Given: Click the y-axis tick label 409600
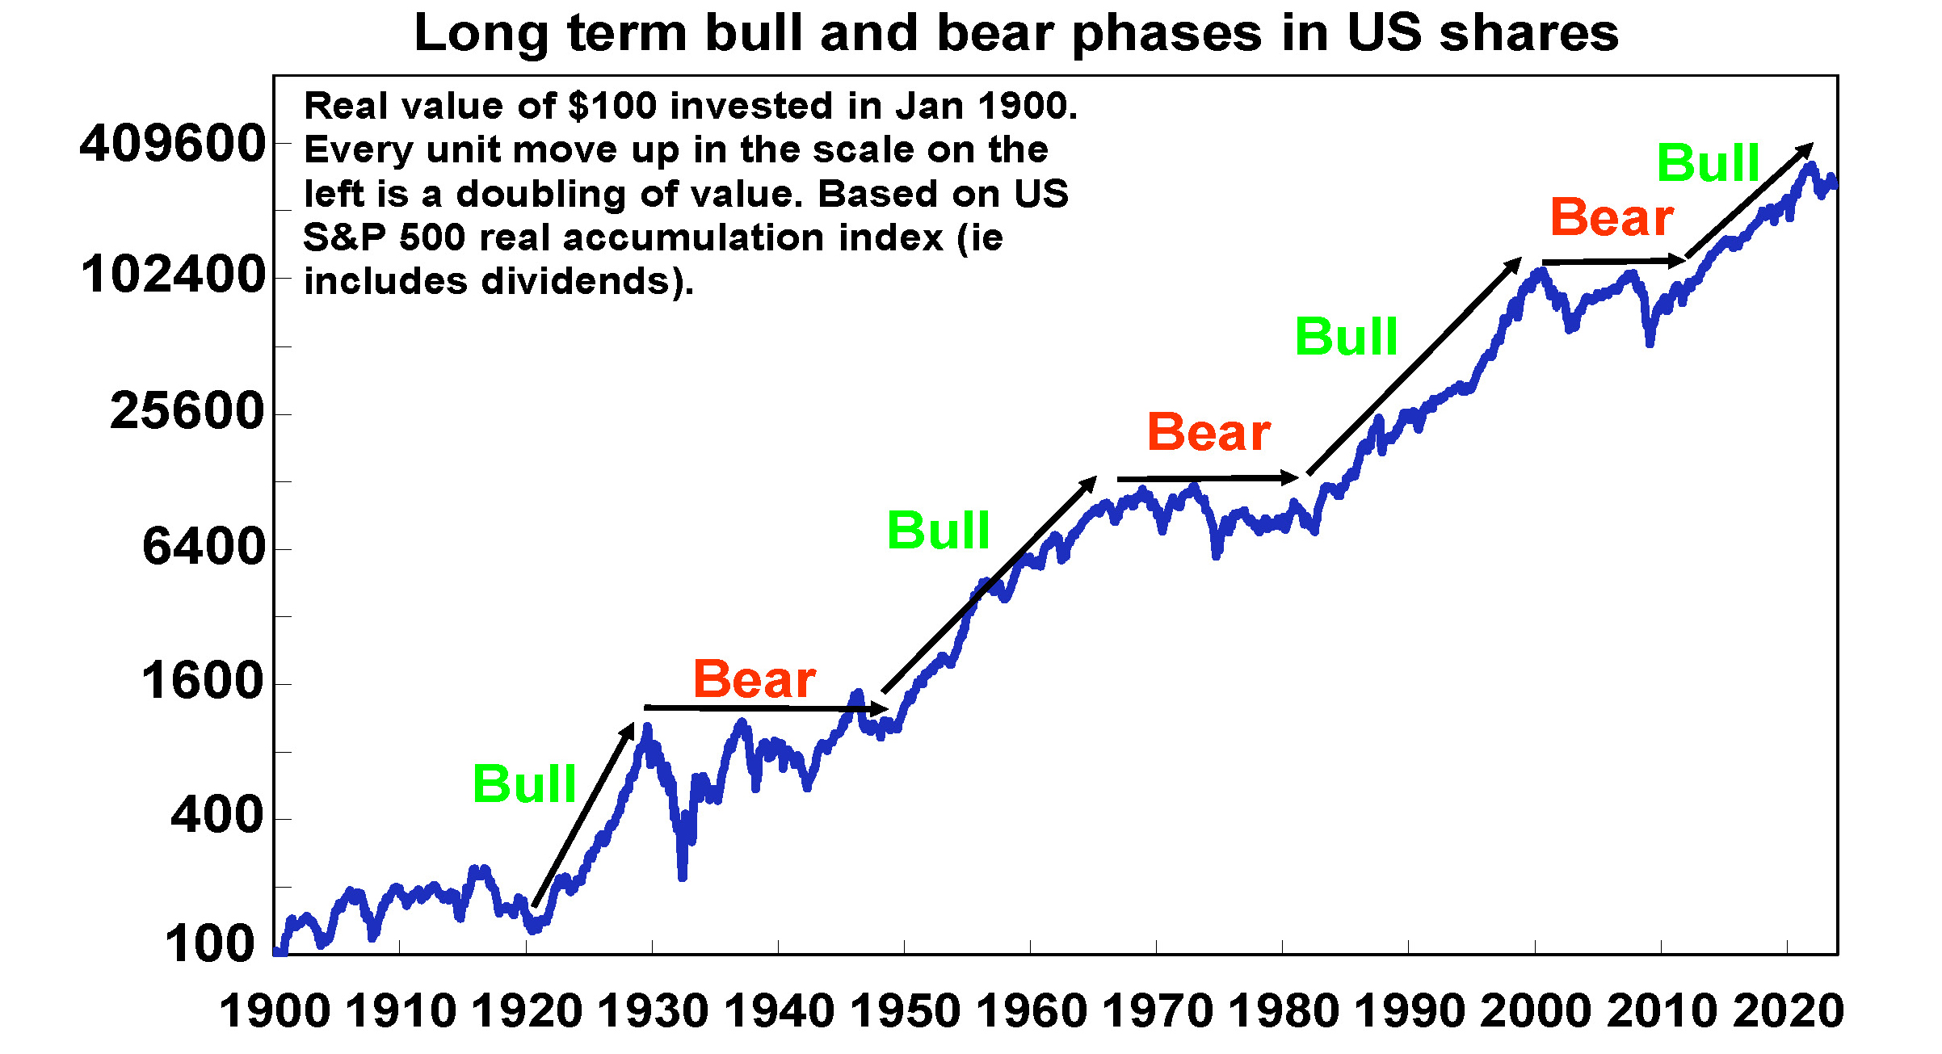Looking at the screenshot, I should pyautogui.click(x=172, y=144).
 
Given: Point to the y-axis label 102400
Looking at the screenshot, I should pyautogui.click(x=173, y=275).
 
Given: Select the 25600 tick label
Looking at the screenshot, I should pyautogui.click(x=187, y=411).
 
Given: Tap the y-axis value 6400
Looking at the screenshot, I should pyautogui.click(x=204, y=547).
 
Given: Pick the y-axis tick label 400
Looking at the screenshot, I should pyautogui.click(x=216, y=816).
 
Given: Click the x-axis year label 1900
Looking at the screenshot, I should pyautogui.click(x=275, y=1011).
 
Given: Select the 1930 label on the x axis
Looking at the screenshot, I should pyautogui.click(x=653, y=1011).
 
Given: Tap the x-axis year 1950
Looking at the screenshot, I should pyautogui.click(x=905, y=1011).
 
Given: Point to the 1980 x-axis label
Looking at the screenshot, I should pyautogui.click(x=1283, y=1011).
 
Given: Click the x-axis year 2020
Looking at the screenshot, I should pyautogui.click(x=1788, y=1011).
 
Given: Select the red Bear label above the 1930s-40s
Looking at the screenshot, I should pyautogui.click(x=754, y=679).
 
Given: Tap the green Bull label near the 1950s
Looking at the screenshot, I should pyautogui.click(x=938, y=531).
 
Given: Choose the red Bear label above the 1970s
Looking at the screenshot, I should pyautogui.click(x=1208, y=433).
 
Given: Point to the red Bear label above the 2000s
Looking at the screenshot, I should pyautogui.click(x=1612, y=218).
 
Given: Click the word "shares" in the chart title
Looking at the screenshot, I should pyautogui.click(x=1528, y=34).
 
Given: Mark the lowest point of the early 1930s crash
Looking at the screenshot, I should pyautogui.click(x=683, y=876).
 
